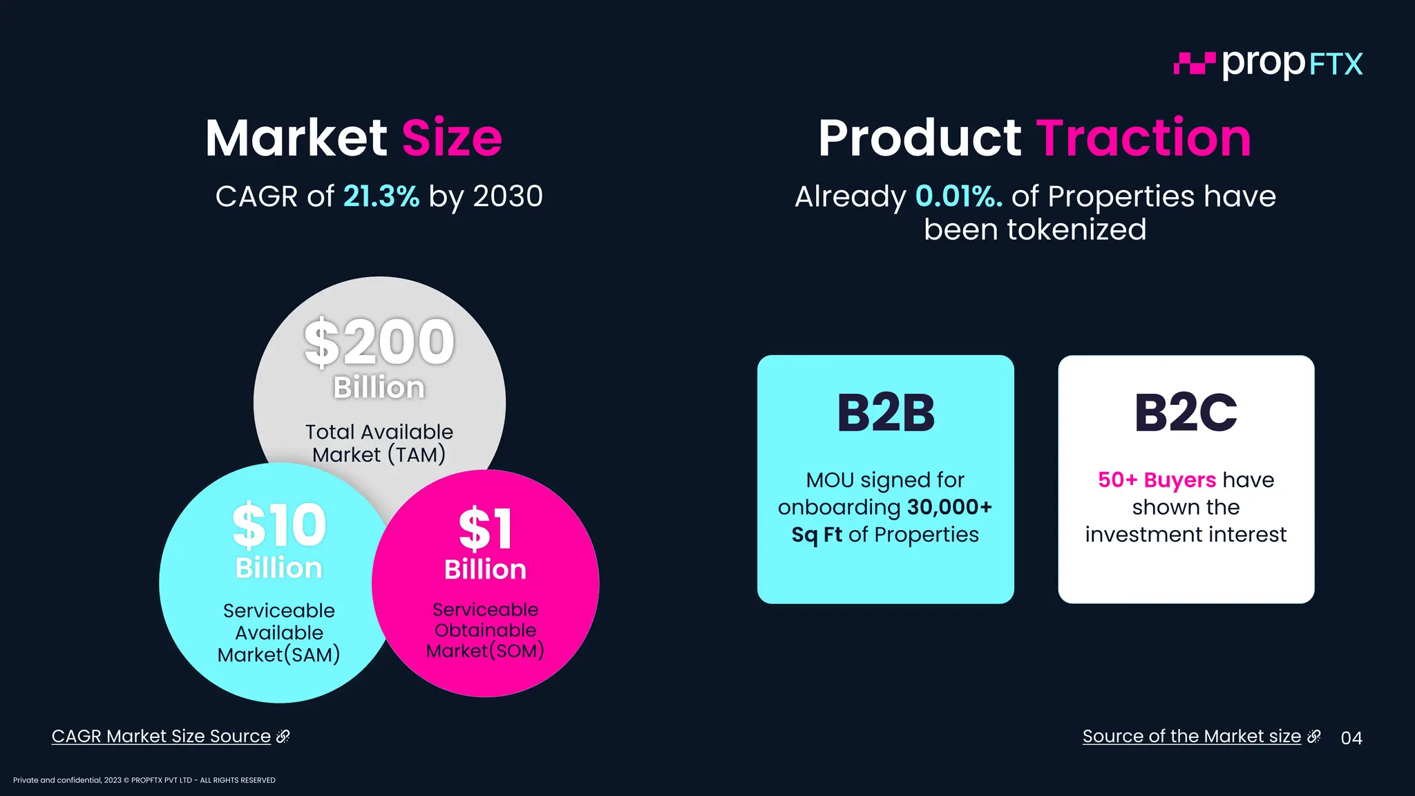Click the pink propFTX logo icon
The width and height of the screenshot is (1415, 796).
coord(1194,64)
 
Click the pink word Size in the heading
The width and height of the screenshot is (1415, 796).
coord(452,138)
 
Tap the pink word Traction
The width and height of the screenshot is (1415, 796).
coord(1143,138)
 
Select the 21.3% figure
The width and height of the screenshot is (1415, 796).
coord(381,196)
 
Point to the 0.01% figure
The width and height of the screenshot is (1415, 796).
coord(958,196)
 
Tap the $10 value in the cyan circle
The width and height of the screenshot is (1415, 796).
coord(279,525)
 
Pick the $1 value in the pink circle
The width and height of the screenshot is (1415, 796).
coord(486,529)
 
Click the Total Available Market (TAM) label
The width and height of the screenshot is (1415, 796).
coord(379,443)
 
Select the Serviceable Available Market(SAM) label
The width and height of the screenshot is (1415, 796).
coord(279,632)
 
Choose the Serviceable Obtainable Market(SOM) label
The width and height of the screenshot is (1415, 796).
coord(485,630)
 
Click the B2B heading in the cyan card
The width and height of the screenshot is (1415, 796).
coord(886,413)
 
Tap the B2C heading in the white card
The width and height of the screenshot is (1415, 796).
coord(1186,413)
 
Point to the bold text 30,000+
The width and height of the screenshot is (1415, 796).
coord(949,507)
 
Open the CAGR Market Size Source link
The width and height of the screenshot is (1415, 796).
coord(162,737)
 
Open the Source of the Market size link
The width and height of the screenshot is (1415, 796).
coord(1192,737)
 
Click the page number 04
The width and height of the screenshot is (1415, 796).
coord(1351,738)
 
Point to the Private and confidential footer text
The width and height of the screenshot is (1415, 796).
coord(144,780)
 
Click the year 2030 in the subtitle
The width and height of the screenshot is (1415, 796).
coord(508,196)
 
